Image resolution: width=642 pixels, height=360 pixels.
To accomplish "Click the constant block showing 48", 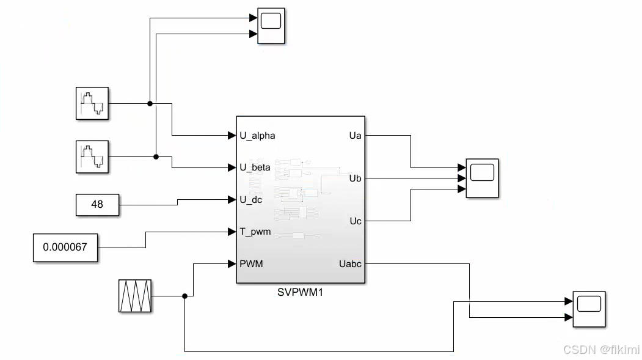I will [97, 205].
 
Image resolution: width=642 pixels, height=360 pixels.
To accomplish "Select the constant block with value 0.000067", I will [65, 248].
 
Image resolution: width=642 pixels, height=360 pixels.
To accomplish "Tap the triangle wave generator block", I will [135, 296].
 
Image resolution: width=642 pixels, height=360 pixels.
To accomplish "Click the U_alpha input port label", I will [257, 135].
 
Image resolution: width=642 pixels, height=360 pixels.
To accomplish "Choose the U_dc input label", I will [251, 199].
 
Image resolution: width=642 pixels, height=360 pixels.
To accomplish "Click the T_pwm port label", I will [255, 232].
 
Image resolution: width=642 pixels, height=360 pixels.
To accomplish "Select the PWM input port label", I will [251, 264].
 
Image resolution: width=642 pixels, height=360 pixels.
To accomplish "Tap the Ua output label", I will [355, 135].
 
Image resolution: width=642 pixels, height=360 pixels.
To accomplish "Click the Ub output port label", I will [355, 178].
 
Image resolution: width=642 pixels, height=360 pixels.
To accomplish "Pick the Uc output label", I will [355, 221].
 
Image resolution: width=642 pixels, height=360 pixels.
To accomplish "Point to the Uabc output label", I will [350, 264].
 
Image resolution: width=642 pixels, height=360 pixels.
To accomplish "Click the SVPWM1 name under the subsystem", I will [300, 292].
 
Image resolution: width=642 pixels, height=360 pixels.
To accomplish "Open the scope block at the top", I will [271, 26].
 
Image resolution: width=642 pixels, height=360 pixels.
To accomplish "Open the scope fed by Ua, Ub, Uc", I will [482, 178].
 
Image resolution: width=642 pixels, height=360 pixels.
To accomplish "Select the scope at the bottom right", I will [589, 309].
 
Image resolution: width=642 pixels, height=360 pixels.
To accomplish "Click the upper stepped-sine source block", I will [92, 103].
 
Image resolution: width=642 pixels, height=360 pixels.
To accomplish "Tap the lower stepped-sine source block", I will [92, 156].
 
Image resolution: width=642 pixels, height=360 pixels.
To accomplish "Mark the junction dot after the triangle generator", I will [184, 296].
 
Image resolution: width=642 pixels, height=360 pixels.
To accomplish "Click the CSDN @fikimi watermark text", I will [601, 350].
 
